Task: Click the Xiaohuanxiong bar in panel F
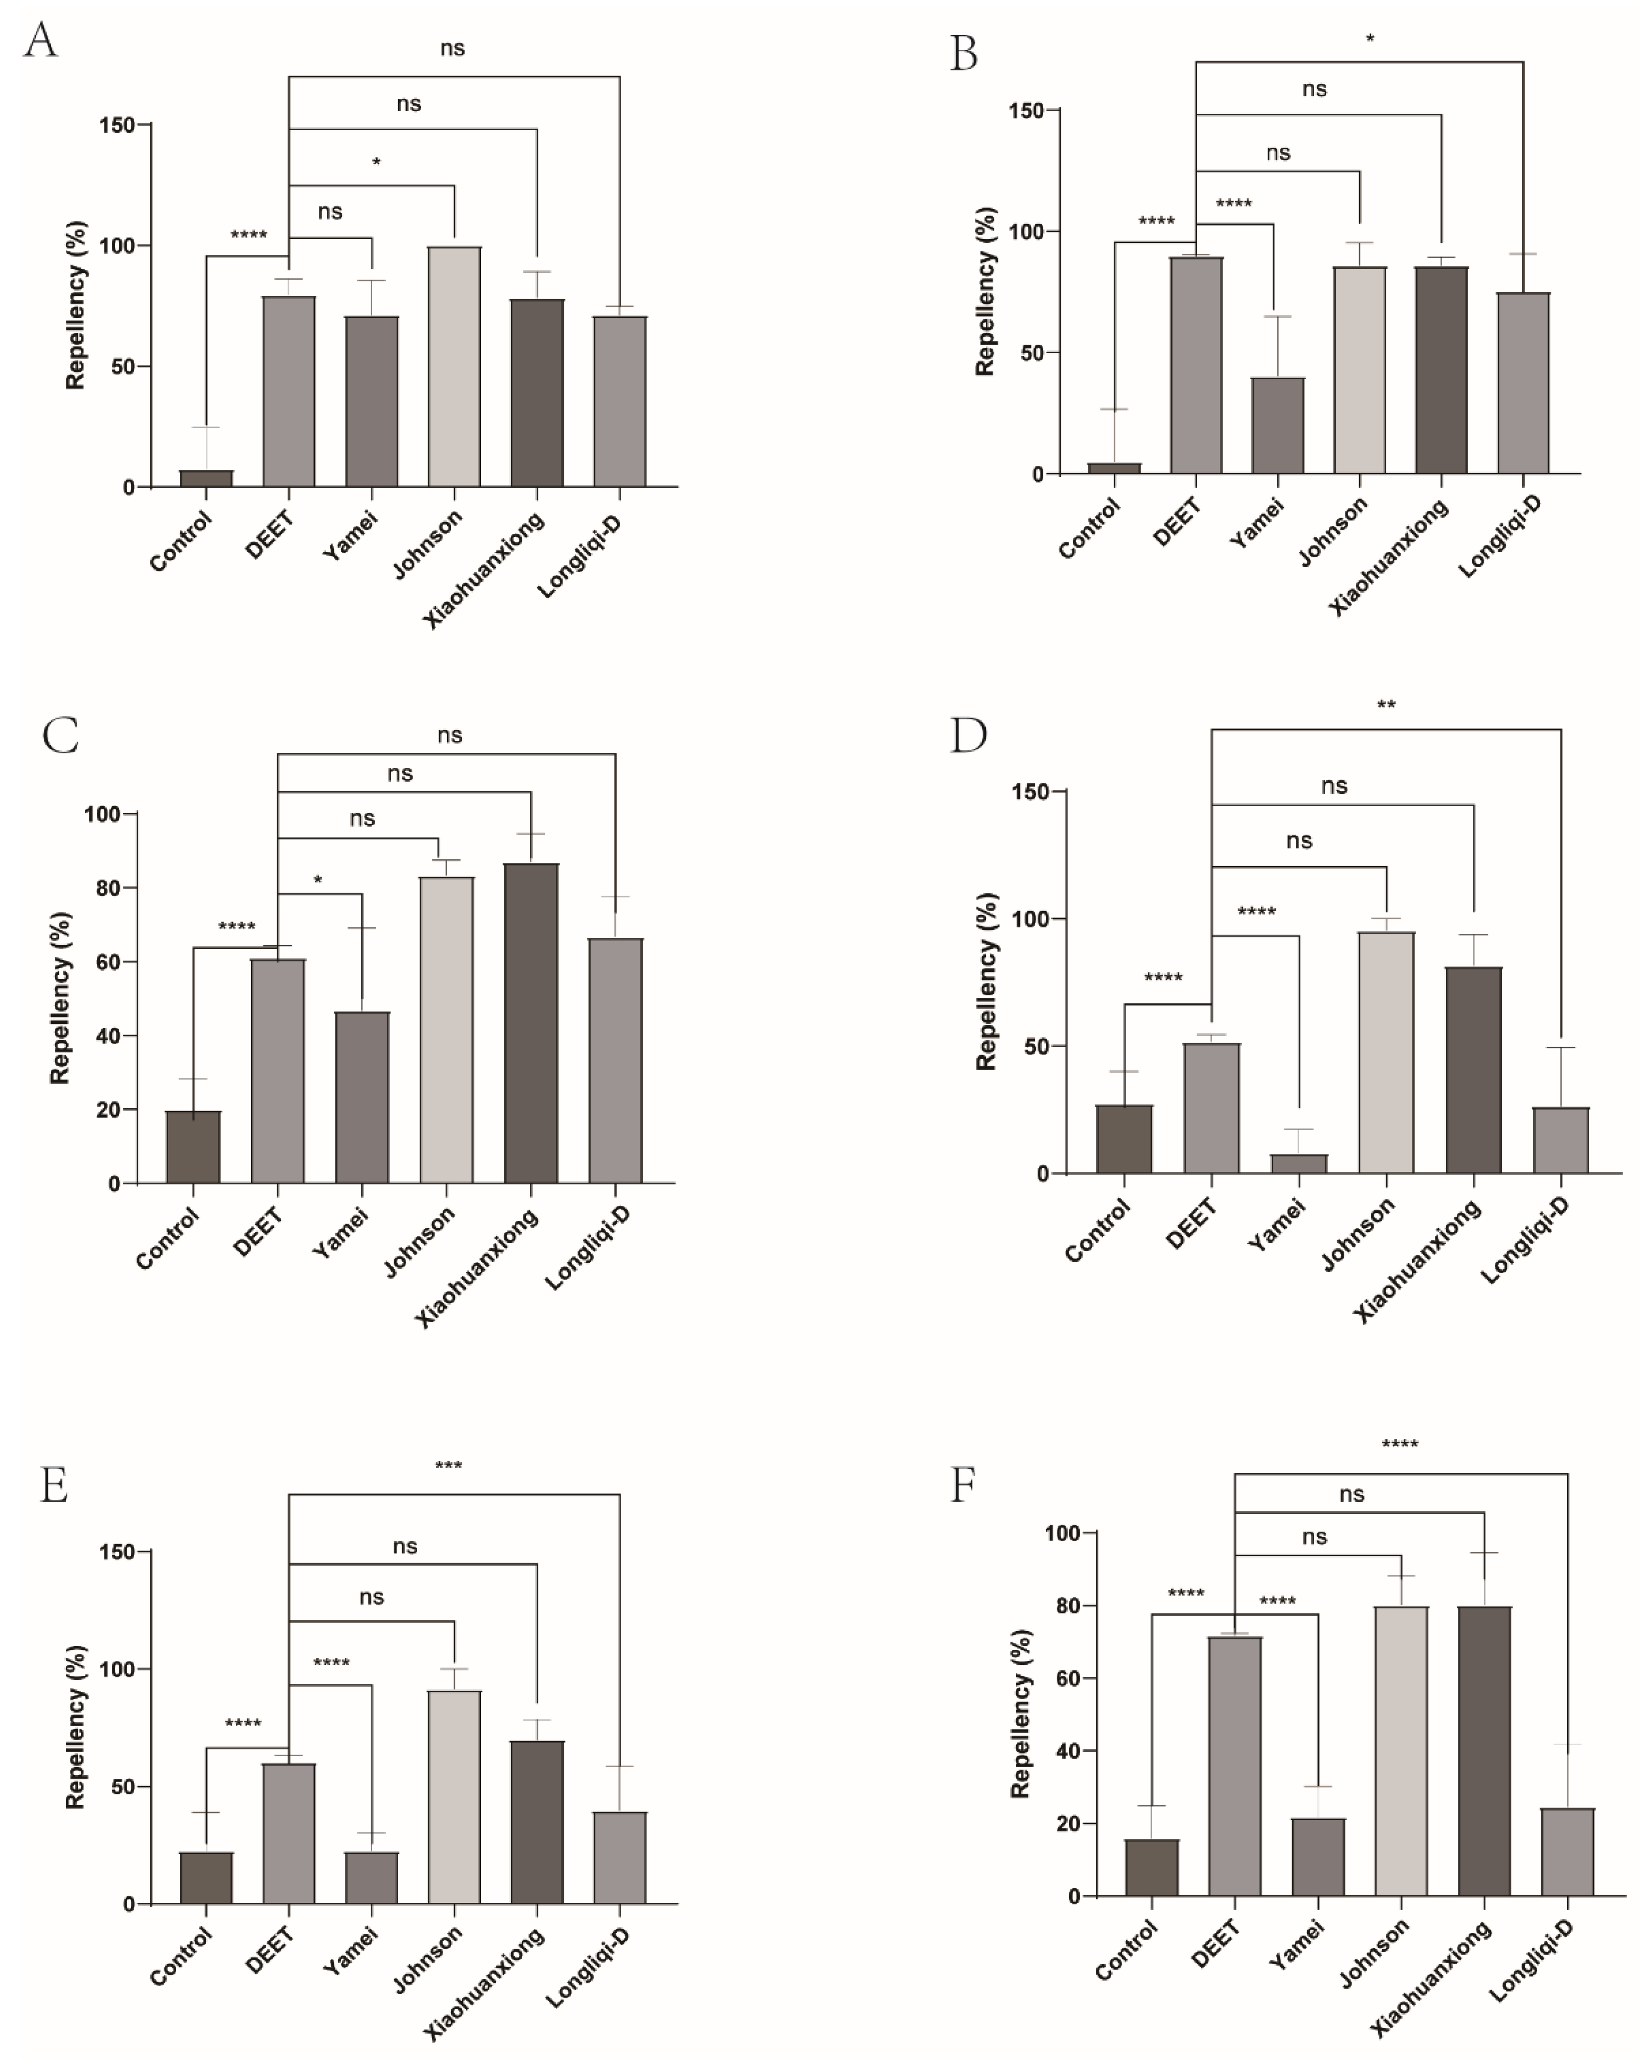[1484, 1751]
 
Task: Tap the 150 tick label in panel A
[117, 125]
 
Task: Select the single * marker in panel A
[376, 163]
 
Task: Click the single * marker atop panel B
[1370, 39]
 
